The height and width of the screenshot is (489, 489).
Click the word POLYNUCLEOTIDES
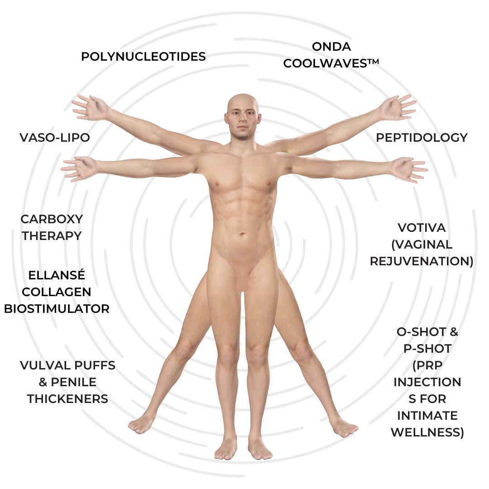[144, 57]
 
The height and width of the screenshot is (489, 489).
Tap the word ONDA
[331, 46]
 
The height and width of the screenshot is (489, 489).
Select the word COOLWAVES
[327, 63]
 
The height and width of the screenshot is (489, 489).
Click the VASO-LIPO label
[55, 137]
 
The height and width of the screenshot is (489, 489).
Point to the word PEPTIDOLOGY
[422, 137]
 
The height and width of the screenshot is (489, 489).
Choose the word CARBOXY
[52, 219]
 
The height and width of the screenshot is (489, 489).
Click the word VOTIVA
[422, 227]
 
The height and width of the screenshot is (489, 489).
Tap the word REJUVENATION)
[422, 261]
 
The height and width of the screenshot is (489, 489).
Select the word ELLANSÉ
[57, 275]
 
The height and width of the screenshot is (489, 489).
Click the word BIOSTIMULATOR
[57, 309]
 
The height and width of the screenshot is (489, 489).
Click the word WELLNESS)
[427, 432]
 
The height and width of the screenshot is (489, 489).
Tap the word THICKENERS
[67, 399]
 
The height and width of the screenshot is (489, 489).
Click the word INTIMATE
[427, 416]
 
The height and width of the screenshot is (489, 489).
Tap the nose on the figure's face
[243, 119]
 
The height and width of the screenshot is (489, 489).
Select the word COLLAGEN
[57, 292]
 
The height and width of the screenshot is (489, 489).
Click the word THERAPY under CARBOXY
[52, 236]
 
